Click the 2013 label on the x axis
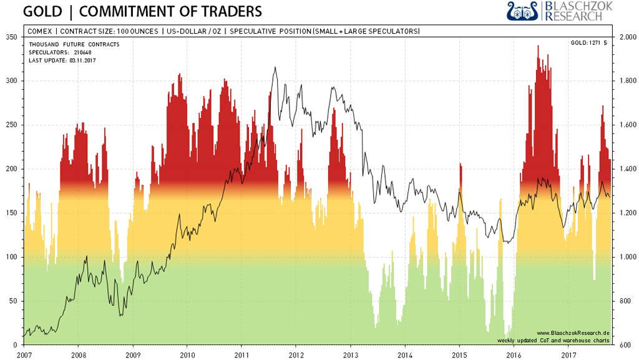tap(350, 354)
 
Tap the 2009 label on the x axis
tap(132, 354)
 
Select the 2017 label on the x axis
tap(568, 354)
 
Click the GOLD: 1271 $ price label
tap(588, 43)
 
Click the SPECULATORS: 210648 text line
tap(60, 52)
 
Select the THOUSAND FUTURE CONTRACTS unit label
tap(74, 44)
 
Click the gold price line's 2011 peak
tap(275, 67)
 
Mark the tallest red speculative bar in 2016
tap(538, 46)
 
